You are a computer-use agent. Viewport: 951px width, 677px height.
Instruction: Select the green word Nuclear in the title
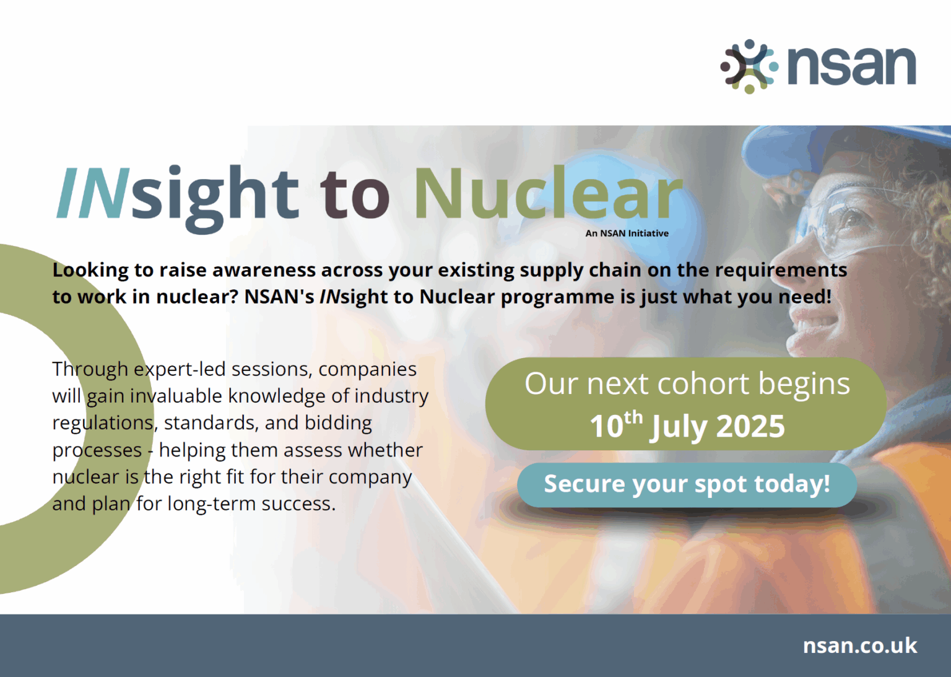(548, 194)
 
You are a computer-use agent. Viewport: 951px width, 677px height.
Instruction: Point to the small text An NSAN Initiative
(627, 234)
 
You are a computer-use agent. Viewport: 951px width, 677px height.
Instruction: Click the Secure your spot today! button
(687, 484)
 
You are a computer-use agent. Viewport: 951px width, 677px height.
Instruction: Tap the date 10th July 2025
(687, 426)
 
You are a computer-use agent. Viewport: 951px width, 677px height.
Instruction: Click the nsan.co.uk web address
(859, 645)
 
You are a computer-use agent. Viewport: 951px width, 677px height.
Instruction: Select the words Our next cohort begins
(687, 384)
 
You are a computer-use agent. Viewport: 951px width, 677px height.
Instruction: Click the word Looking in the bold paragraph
(90, 271)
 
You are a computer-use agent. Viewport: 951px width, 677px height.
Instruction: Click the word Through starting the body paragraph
(90, 370)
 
